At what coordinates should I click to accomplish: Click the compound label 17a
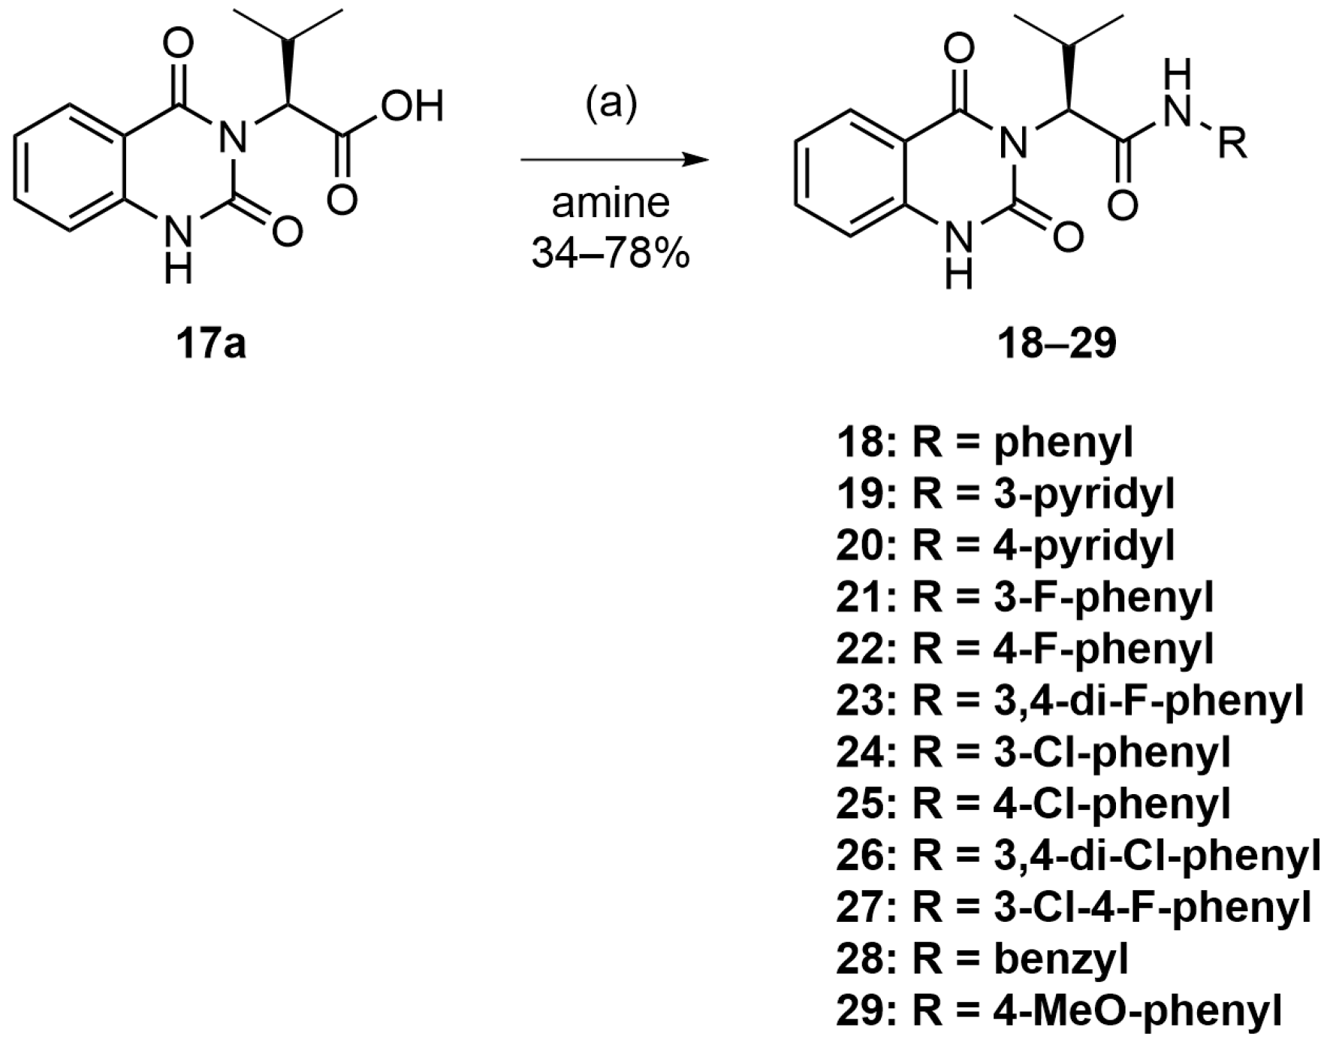pos(211,345)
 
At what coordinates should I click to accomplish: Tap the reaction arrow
pos(614,159)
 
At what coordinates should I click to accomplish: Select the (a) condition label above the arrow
pos(611,103)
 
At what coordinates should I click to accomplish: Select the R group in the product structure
pos(1232,143)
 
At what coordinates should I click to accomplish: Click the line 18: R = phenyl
pos(984,442)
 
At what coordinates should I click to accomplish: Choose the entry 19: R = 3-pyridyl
pos(1005,494)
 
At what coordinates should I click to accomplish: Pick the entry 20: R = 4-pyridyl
pos(1005,546)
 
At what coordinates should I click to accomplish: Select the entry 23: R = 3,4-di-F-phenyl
pos(1069,701)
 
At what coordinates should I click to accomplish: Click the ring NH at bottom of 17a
pos(177,248)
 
